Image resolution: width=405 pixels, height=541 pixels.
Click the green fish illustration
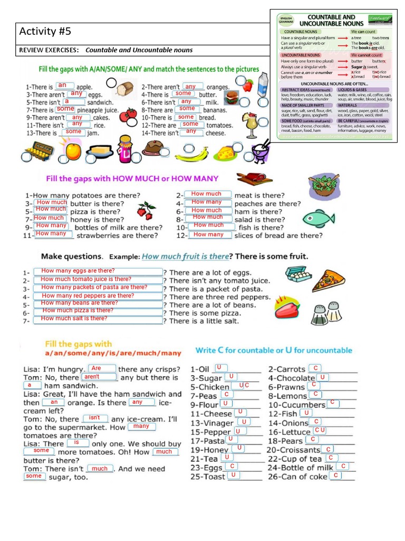point(319,217)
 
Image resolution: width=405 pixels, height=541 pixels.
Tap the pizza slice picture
point(328,280)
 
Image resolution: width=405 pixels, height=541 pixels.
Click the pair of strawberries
point(144,210)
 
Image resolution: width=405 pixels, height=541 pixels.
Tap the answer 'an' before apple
point(62,85)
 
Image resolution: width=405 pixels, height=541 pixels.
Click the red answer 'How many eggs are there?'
point(78,270)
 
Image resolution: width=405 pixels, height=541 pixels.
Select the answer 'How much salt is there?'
point(74,318)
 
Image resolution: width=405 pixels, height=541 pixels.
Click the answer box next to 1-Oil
point(221,367)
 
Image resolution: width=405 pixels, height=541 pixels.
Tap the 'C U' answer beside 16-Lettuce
point(320,430)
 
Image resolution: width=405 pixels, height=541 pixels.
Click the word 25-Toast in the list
point(207,477)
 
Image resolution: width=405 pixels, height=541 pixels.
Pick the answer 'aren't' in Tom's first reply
point(92,377)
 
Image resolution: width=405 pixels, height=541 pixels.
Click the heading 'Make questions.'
point(72,256)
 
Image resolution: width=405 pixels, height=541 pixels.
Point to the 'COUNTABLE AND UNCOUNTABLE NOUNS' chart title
point(331,20)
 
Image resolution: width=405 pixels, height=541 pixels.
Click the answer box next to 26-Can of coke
point(335,475)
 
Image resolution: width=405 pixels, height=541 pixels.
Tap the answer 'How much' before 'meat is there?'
point(206,194)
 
